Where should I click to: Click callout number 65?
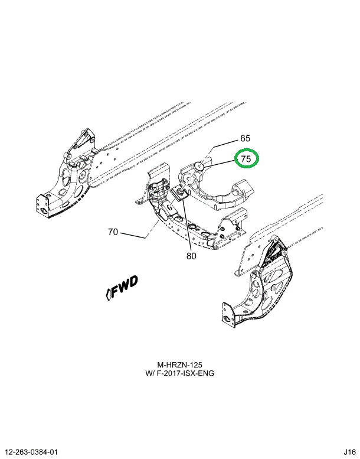[x=246, y=139]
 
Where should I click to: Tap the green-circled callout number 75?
[x=247, y=159]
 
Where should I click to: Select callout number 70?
[x=113, y=232]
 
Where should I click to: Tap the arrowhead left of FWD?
[x=108, y=293]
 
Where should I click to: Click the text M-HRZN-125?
[x=180, y=365]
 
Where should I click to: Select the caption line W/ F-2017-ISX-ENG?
[x=180, y=374]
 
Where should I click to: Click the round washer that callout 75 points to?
[x=200, y=167]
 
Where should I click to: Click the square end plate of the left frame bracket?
[x=44, y=204]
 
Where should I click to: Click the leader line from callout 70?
[x=133, y=235]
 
